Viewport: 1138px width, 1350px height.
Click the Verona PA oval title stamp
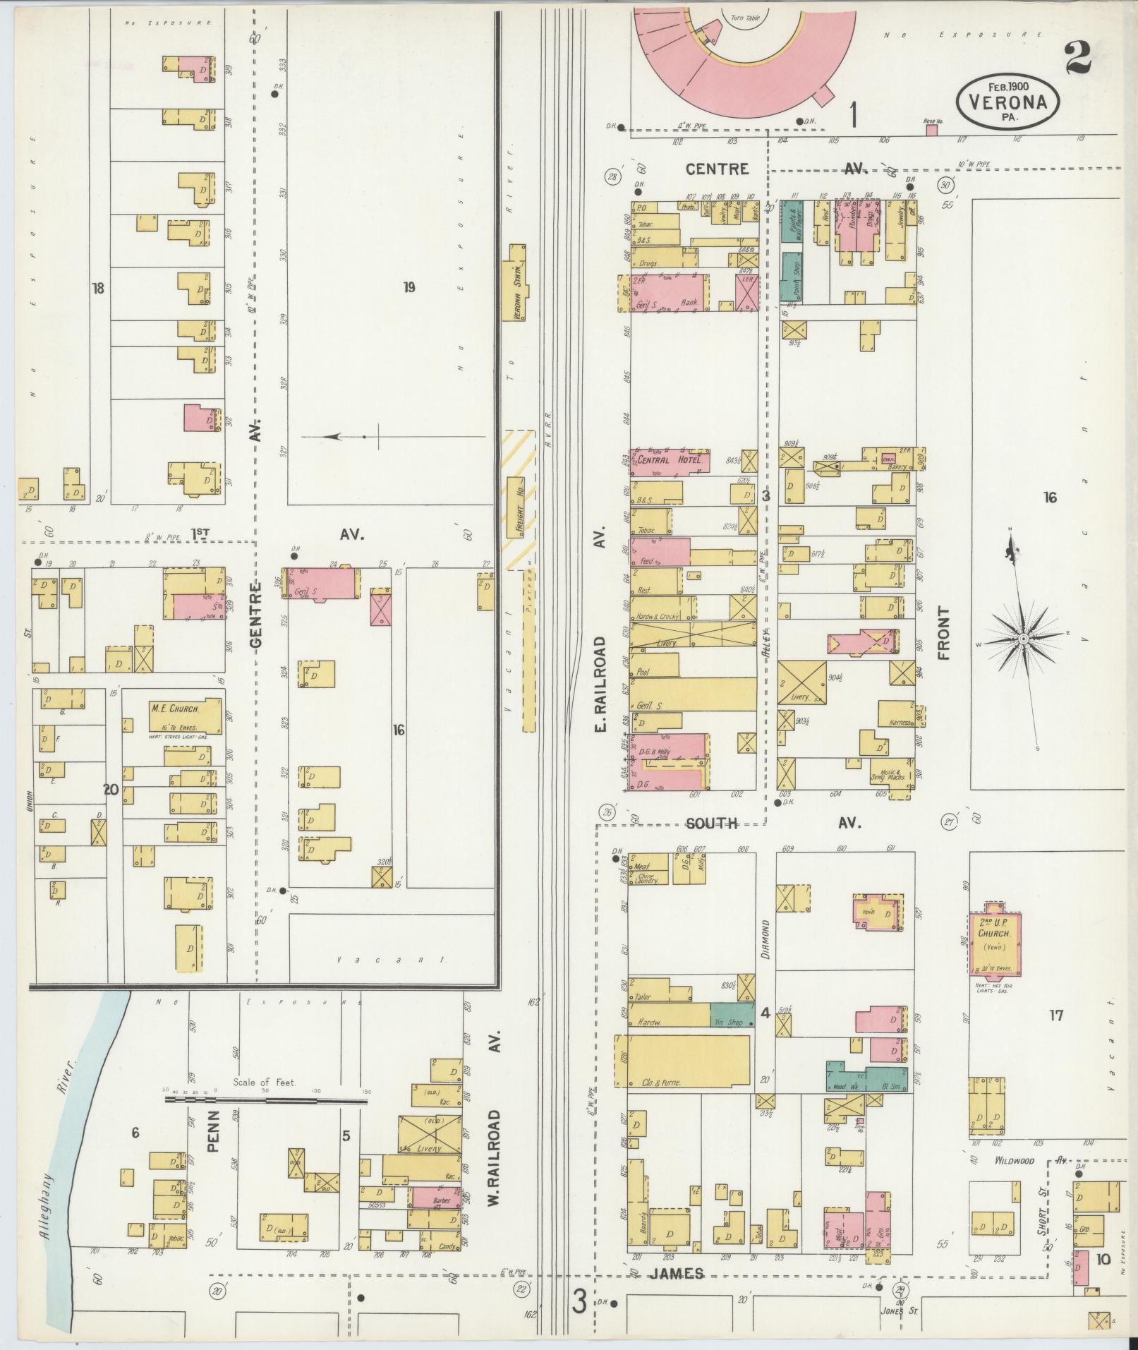(1007, 100)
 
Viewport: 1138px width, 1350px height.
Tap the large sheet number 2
(1077, 58)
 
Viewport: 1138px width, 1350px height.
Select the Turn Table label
(746, 18)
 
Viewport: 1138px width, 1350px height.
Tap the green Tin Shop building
(732, 1015)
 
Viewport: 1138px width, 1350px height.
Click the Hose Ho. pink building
(931, 130)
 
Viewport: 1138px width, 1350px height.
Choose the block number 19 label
(408, 287)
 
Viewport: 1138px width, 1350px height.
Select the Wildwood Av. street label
(1014, 1160)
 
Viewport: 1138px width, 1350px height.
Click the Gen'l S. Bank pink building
(669, 292)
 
